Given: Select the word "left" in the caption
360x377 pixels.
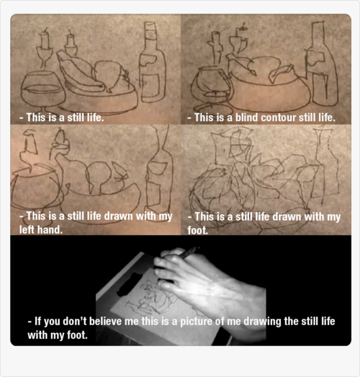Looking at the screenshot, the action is [27, 230].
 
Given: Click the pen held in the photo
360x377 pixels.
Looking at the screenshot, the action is [188, 252].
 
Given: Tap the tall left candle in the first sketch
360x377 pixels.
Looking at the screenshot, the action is [45, 48].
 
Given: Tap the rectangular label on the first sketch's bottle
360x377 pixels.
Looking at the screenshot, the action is [151, 86].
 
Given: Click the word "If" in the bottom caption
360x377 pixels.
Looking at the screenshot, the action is [37, 321].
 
